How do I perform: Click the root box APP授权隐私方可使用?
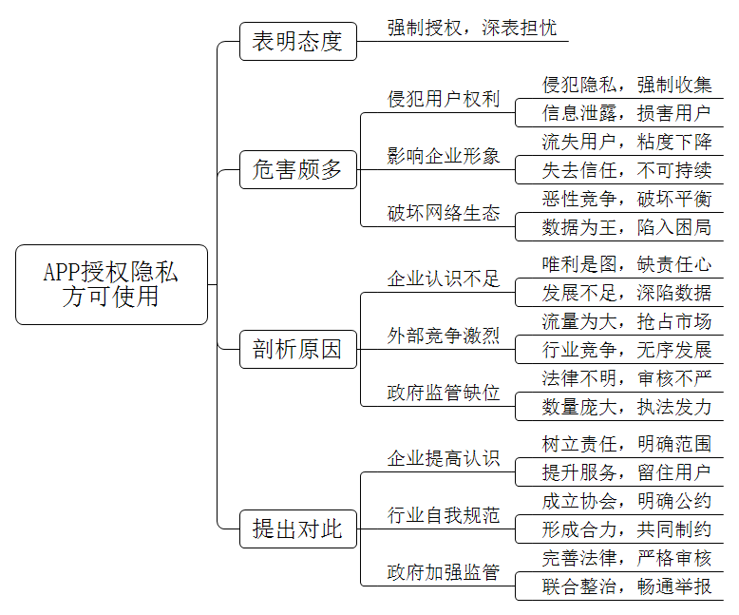[x=112, y=284]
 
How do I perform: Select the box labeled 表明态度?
[x=298, y=42]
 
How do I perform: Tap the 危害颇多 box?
[x=298, y=170]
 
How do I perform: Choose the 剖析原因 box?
[x=298, y=350]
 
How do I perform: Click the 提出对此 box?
[x=298, y=529]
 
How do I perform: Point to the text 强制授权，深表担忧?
[x=472, y=28]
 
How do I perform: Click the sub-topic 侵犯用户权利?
[x=443, y=99]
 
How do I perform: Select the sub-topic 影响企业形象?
[x=443, y=156]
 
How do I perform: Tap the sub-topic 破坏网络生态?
[x=443, y=213]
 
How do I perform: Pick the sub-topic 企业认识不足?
[x=443, y=279]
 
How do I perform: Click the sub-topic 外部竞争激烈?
[x=443, y=336]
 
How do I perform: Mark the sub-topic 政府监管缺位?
[x=443, y=393]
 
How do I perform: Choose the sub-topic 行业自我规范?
[x=443, y=515]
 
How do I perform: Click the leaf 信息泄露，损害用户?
[x=626, y=113]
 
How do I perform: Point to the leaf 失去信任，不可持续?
[x=626, y=170]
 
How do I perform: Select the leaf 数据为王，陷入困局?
[x=626, y=227]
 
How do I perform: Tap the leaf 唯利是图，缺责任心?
[x=626, y=264]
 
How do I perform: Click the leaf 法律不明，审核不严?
[x=626, y=378]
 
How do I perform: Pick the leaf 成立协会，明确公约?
[x=626, y=501]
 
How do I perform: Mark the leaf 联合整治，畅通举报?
[x=626, y=586]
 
